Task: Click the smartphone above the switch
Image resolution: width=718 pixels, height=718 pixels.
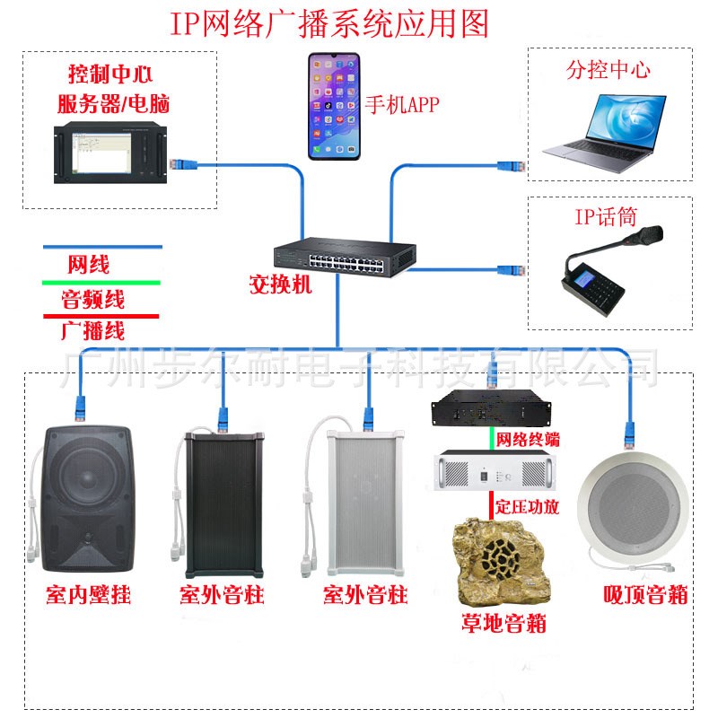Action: (333, 106)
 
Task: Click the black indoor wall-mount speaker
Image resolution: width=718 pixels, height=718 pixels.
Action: (87, 499)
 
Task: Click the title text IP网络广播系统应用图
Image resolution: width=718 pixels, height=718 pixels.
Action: (329, 23)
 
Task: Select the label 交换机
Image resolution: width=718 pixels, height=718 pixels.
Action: (280, 285)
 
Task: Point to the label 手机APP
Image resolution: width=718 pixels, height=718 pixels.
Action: (402, 105)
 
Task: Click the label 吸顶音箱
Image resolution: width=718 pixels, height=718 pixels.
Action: (645, 594)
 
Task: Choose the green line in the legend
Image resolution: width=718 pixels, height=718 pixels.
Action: (101, 283)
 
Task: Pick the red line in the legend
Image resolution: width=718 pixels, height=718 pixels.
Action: (101, 316)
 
